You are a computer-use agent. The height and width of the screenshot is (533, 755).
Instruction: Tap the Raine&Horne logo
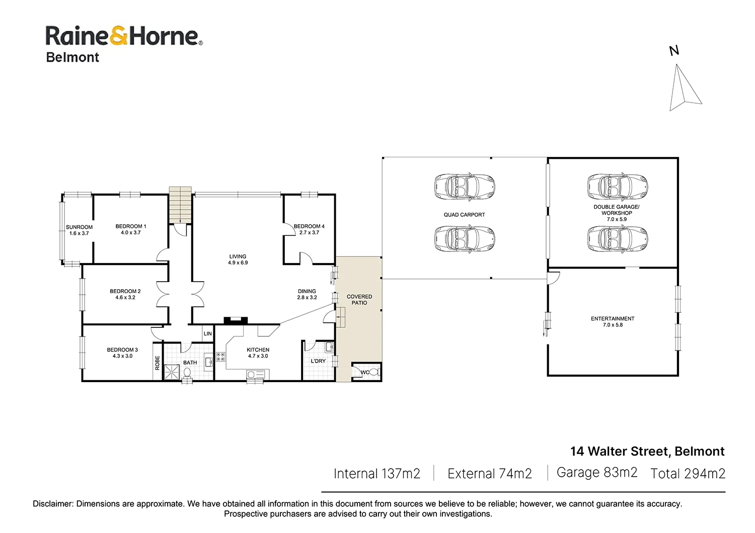[124, 37]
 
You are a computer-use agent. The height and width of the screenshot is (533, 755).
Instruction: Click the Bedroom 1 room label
[131, 229]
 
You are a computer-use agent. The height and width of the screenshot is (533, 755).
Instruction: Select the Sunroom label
[79, 230]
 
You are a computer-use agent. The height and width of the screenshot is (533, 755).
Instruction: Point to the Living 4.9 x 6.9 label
[238, 259]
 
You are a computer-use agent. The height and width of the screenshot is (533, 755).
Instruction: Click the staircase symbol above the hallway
[180, 204]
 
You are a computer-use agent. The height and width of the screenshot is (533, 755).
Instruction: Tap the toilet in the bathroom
[187, 373]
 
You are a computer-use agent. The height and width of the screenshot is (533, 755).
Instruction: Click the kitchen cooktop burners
[220, 357]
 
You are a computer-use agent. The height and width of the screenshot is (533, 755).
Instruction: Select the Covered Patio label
[359, 300]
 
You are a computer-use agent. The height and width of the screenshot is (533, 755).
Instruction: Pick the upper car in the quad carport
[465, 187]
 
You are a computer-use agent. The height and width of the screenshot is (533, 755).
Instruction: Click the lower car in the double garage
[617, 239]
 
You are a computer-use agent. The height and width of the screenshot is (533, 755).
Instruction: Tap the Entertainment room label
[613, 321]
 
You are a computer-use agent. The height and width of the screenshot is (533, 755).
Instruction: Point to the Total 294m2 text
[688, 473]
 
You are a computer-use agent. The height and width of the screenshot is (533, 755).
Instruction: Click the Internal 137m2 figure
[376, 474]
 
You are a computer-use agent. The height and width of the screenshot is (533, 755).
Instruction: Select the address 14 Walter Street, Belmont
[647, 451]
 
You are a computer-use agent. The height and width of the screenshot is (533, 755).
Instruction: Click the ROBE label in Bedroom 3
[158, 363]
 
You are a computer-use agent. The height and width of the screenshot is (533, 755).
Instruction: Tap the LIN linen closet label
[208, 334]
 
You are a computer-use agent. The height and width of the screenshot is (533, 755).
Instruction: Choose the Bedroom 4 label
[309, 229]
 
